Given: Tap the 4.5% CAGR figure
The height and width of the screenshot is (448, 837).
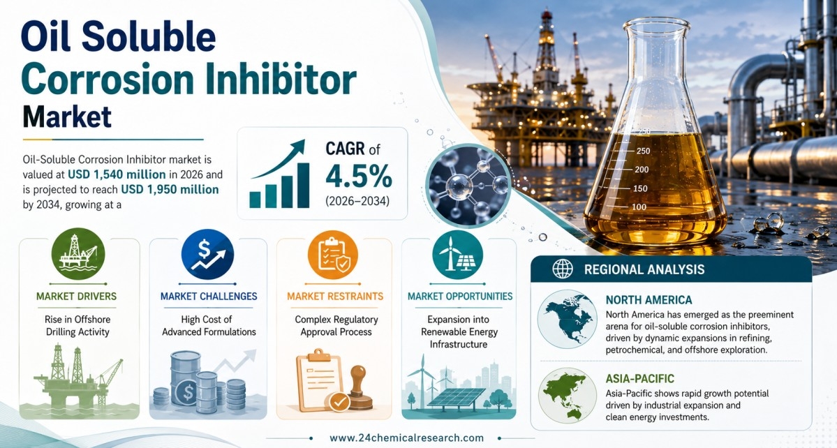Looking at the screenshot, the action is [358, 177].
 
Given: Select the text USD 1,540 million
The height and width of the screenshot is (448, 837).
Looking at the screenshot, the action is [117, 174].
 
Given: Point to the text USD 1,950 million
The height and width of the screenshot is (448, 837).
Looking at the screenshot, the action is [170, 189].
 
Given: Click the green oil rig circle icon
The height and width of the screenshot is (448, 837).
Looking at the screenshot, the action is [78, 254].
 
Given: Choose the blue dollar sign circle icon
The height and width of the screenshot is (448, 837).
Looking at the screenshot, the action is [207, 255].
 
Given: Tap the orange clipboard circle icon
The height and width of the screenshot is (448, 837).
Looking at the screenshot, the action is [333, 255].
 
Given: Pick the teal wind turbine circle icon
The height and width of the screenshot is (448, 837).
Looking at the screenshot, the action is [457, 255].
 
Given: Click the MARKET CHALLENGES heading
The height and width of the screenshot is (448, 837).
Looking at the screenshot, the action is [209, 296].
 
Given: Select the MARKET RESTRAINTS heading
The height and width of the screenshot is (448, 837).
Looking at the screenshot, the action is [335, 296].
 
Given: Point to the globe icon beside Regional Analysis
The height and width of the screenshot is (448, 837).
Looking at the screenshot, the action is [563, 269].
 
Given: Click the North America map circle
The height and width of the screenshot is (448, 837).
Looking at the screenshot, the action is [567, 319].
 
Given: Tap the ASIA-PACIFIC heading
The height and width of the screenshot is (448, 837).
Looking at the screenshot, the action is [640, 379].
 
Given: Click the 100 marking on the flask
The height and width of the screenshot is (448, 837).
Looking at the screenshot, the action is [639, 207].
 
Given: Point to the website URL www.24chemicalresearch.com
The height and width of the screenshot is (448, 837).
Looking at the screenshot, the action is [407, 438].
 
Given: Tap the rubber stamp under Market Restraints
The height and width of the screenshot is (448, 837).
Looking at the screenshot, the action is [360, 387].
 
